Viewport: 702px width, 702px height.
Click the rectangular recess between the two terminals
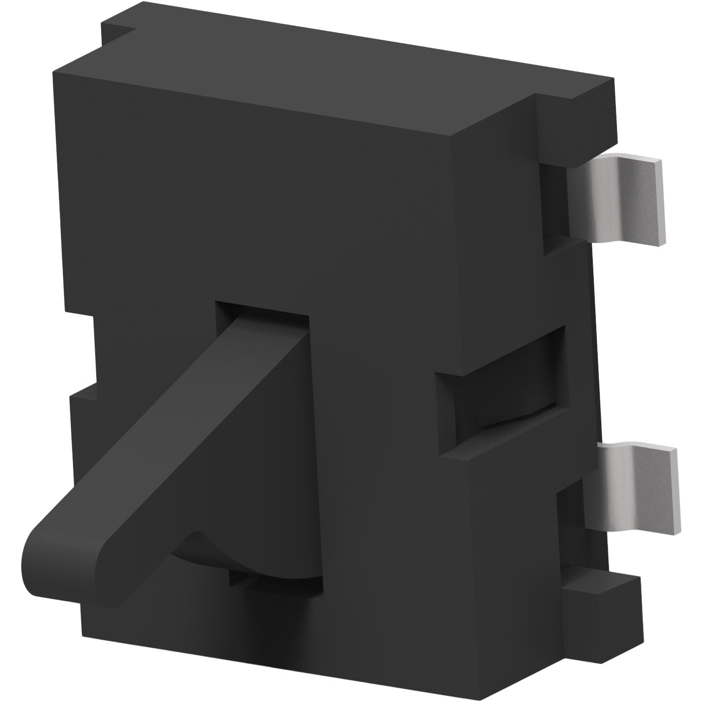(x=504, y=398)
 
